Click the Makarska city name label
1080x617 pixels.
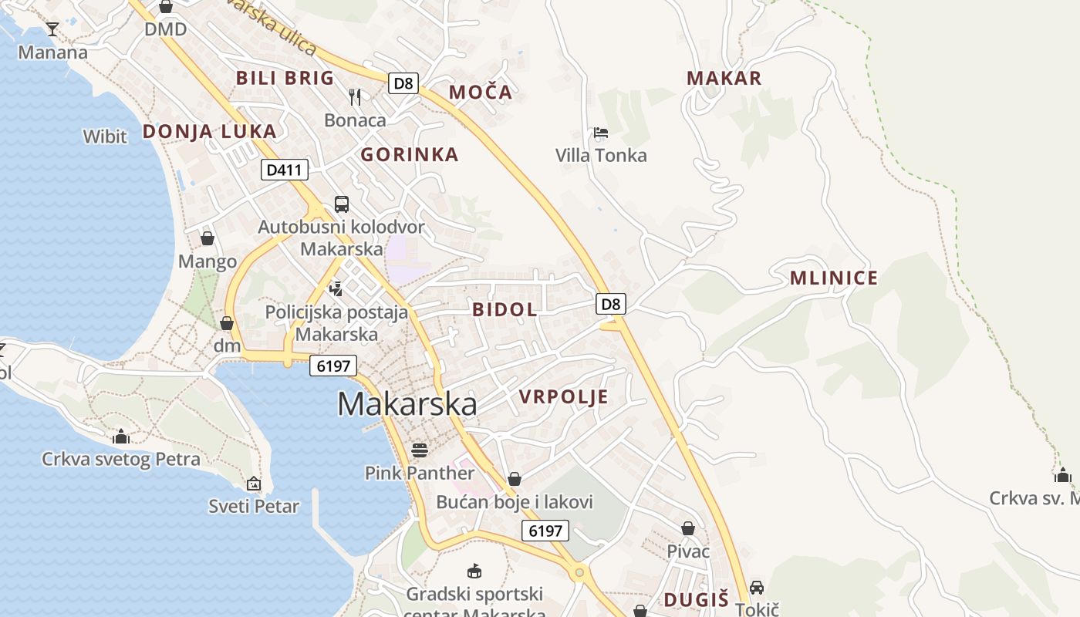click(x=407, y=404)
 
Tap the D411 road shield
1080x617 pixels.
click(x=285, y=170)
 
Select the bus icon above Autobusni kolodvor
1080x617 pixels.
click(x=342, y=204)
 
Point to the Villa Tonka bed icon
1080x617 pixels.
click(x=601, y=133)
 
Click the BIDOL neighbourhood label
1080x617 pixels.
click(x=505, y=310)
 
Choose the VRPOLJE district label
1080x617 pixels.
click(x=563, y=397)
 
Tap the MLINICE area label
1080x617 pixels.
click(x=834, y=278)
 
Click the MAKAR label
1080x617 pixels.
click(x=724, y=78)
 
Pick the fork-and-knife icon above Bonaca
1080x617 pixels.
click(x=355, y=96)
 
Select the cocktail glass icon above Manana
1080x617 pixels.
click(x=52, y=29)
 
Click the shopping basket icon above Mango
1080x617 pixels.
click(x=207, y=238)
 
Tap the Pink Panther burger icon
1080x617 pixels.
click(x=420, y=449)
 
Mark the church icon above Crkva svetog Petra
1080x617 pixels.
click(x=120, y=437)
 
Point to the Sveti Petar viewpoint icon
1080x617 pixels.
click(x=254, y=484)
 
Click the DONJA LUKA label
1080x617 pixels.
click(x=209, y=131)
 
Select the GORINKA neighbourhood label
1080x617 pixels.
click(x=410, y=155)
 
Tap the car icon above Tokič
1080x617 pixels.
click(x=757, y=587)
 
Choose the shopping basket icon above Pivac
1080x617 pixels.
click(x=688, y=528)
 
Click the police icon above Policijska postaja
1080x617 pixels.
click(x=336, y=289)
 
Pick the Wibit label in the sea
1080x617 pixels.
click(x=105, y=137)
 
